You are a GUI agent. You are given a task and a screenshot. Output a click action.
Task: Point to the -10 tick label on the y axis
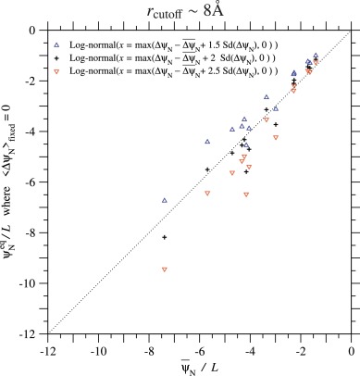(x=28, y=282)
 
